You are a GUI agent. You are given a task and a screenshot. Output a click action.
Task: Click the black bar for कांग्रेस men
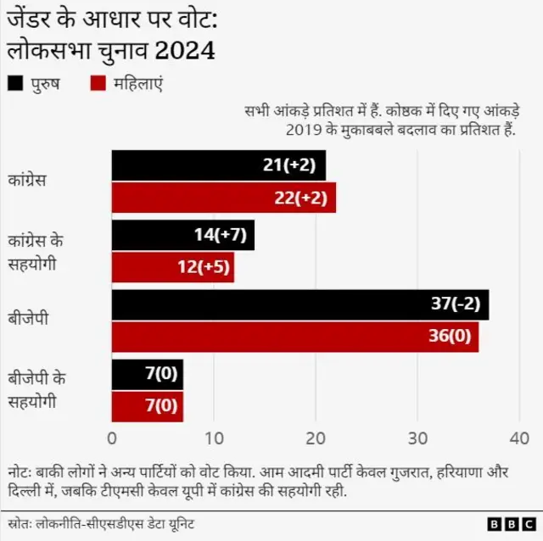coord(218,165)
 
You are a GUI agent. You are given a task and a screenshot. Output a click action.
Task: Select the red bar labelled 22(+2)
coord(223,198)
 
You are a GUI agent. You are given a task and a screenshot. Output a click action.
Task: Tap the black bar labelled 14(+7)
coord(182,235)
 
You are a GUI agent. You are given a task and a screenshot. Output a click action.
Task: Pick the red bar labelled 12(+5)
coord(172,267)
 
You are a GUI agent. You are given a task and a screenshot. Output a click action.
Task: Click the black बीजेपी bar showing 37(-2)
coord(299,304)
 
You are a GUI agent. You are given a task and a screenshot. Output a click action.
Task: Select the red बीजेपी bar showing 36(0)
coord(294,337)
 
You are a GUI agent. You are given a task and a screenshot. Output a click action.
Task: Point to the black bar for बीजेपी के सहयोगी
coord(147,374)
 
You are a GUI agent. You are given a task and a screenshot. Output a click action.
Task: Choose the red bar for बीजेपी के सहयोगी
coord(147,405)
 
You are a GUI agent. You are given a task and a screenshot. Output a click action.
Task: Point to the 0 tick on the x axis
coord(112,438)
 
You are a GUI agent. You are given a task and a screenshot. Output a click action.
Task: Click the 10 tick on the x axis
coord(214,438)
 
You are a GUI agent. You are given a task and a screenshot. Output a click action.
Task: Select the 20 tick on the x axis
coord(316,438)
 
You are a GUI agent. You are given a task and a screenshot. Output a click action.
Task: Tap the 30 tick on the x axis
coord(417,438)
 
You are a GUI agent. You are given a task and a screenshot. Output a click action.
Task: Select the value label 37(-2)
coord(454,304)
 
